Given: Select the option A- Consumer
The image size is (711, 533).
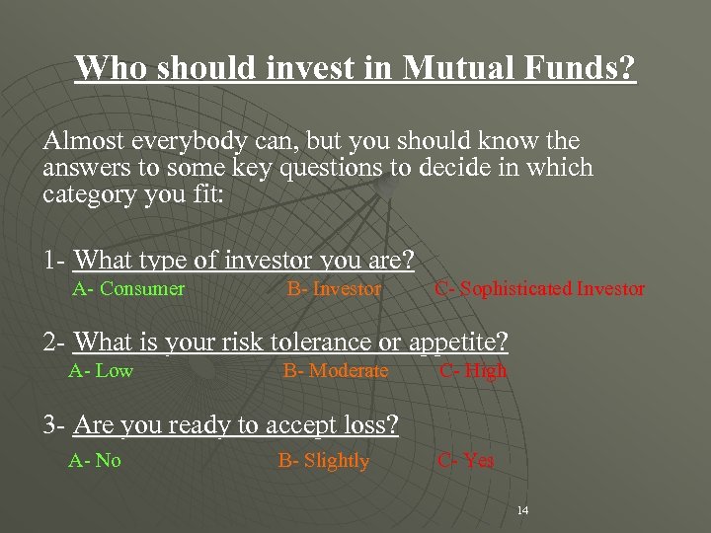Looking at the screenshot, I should pos(128,289).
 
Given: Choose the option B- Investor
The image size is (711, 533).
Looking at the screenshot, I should pos(334,289).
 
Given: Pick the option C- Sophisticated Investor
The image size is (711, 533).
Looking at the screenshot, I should pos(540,289).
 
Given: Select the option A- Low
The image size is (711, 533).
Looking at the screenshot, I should pos(101,371).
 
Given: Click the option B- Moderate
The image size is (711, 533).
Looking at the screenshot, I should pos(336,371).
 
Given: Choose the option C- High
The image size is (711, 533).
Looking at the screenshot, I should pos(473,371).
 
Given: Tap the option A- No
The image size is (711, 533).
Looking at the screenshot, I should pos(95,460).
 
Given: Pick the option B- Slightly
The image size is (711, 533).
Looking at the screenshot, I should pos(324,460).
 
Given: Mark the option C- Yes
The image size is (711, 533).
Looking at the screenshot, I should pos(467,460).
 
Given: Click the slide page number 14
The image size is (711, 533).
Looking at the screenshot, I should pos(523,510).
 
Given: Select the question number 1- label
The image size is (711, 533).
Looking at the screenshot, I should pos(55,262).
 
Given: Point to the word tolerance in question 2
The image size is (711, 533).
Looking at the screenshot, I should pos(316,343).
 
